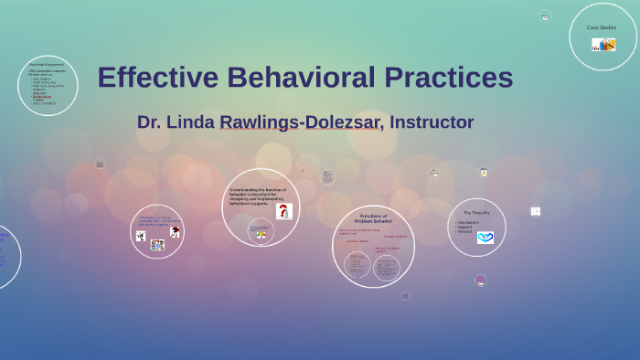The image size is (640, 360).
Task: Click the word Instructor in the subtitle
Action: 432,122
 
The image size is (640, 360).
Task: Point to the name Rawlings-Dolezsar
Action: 300,122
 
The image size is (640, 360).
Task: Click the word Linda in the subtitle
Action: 193,122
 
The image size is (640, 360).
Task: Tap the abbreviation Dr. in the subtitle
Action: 151,122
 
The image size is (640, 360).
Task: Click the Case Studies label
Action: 602,27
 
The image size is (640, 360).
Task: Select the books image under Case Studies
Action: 603,44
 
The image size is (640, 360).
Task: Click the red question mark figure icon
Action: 283,211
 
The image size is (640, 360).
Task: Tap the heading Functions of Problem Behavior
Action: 373,218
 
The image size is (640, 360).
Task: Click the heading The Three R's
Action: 476,213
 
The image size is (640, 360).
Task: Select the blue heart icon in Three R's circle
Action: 485,238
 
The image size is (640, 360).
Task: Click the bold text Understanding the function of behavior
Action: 257,196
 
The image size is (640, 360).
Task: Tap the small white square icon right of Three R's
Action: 536,211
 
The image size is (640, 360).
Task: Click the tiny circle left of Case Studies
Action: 545,16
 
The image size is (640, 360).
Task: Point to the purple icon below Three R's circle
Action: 480,281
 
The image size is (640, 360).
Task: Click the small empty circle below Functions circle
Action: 406,296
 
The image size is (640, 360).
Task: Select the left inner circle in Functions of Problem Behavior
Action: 357,266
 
